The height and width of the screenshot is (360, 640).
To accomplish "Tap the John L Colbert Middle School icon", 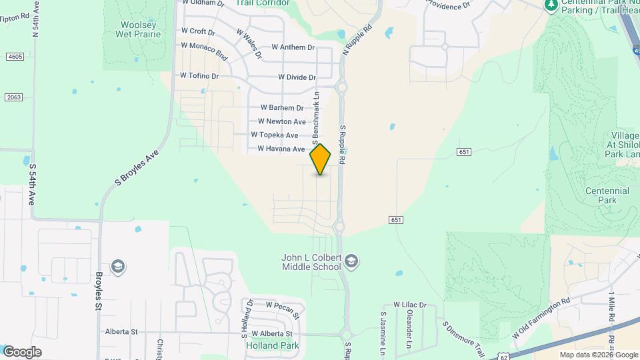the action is (x=353, y=260).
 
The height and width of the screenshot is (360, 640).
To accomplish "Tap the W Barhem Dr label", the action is (x=282, y=107).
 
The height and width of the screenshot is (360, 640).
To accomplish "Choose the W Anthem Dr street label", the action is (x=293, y=47).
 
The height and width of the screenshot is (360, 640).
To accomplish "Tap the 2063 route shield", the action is (x=14, y=97).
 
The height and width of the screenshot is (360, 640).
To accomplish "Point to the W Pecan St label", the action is (x=283, y=305).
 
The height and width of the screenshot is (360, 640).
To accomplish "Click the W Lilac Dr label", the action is (x=409, y=305).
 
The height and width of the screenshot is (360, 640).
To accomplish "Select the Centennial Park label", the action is (x=607, y=195).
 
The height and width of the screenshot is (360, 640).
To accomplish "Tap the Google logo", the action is (x=22, y=352).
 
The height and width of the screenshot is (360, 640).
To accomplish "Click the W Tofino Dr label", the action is (x=199, y=76).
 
